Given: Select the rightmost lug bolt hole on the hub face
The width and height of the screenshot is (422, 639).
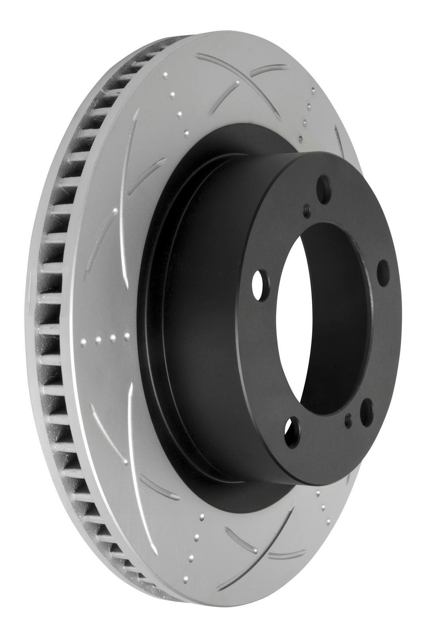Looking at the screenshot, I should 382,271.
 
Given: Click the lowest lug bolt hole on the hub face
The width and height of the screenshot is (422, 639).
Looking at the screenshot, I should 293,429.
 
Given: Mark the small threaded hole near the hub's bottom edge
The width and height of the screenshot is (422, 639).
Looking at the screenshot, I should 348,419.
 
